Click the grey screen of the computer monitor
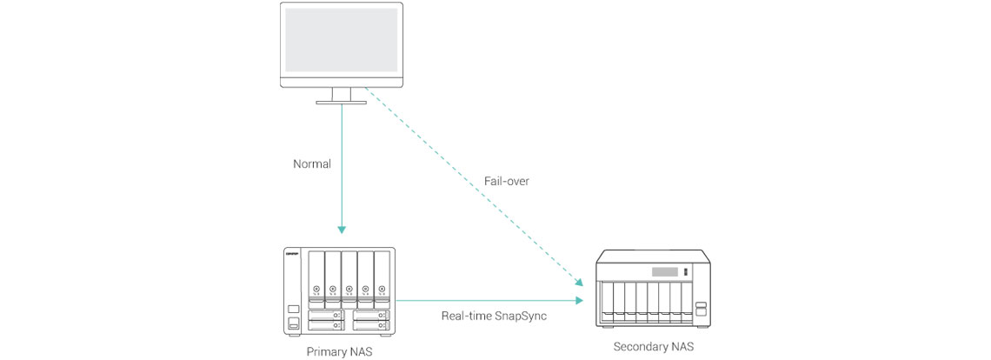tap(341, 40)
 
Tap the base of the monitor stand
tap(341, 103)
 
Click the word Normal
tap(312, 163)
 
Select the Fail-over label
tap(508, 182)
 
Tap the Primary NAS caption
tap(340, 352)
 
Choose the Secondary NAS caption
tap(654, 347)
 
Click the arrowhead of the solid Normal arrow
tap(342, 230)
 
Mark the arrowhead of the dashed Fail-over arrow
tap(578, 283)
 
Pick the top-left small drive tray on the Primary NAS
tap(326, 315)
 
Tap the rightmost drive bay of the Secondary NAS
tap(686, 300)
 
